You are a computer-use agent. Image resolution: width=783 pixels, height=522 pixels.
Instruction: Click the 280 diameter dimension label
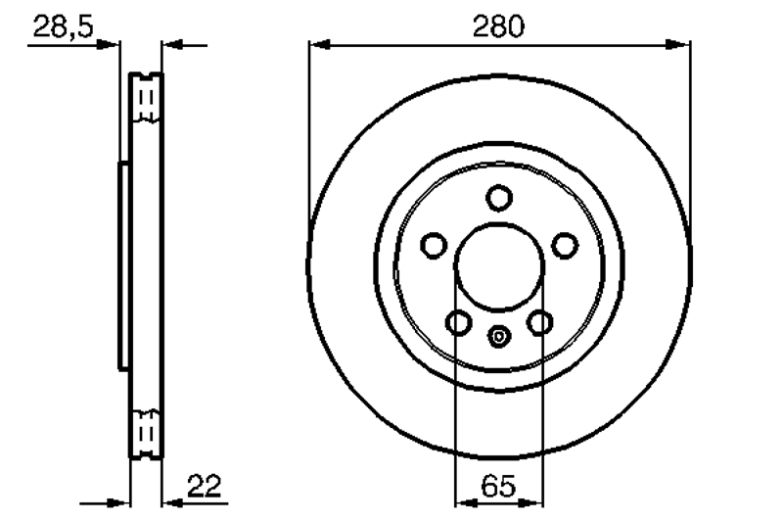[x=498, y=26]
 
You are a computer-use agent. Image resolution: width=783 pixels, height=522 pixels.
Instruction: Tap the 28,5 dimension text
[x=63, y=26]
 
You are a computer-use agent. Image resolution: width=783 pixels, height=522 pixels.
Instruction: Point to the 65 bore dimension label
[x=498, y=486]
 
